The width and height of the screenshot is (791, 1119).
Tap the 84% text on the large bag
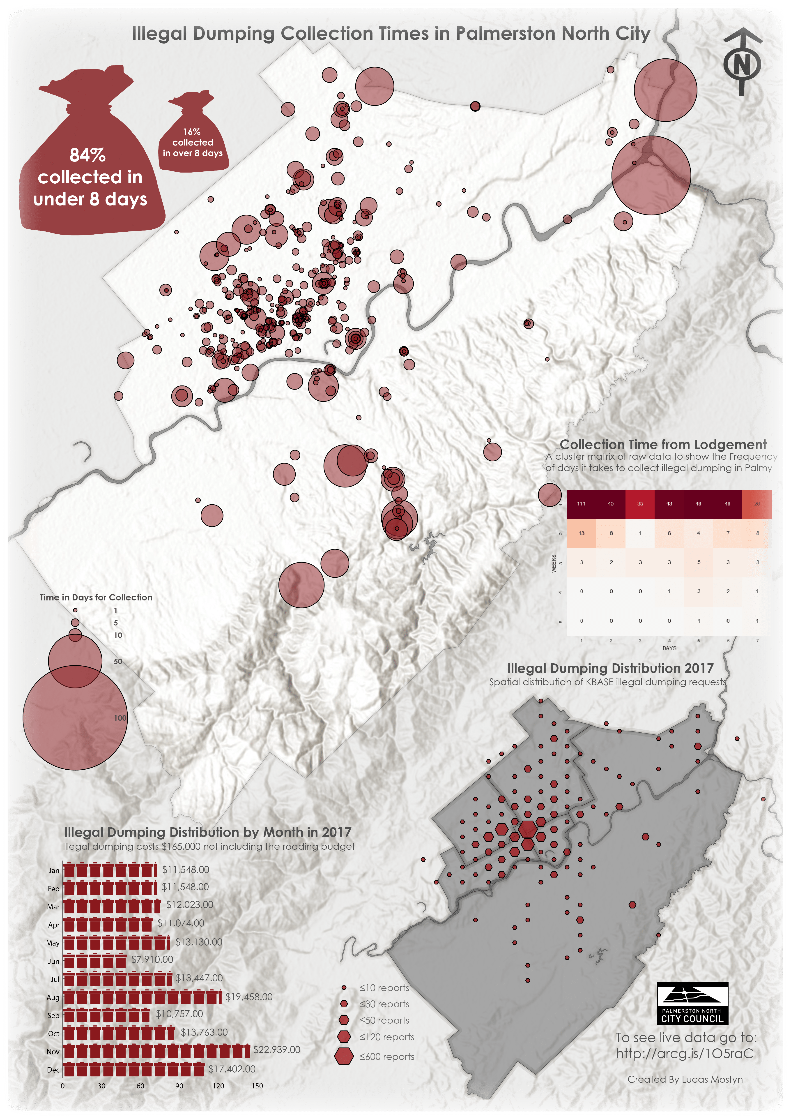click(x=88, y=155)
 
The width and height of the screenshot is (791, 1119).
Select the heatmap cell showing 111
click(x=581, y=503)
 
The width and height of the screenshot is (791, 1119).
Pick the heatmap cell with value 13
click(x=581, y=533)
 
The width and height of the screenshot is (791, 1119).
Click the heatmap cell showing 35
click(x=640, y=503)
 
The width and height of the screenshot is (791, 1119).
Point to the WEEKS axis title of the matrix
click(x=554, y=563)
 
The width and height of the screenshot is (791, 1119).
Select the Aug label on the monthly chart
click(x=53, y=998)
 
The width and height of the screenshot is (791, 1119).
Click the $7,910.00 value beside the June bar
click(x=152, y=959)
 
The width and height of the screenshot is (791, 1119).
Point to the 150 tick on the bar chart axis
click(x=257, y=1086)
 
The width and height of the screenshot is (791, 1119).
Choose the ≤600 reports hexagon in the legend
click(x=344, y=1056)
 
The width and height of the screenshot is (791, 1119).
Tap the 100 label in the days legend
click(x=120, y=718)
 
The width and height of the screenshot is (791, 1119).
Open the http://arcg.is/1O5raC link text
click(x=684, y=1054)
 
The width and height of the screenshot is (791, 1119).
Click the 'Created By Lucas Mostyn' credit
click(x=685, y=1080)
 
